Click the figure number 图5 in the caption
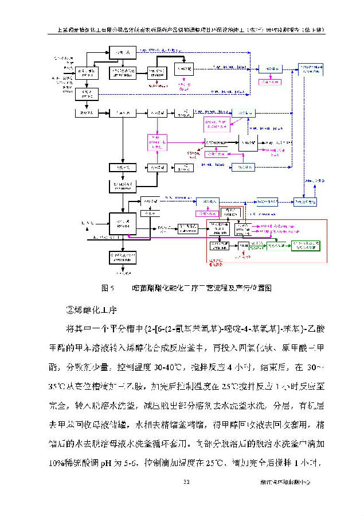pos(108,286)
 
